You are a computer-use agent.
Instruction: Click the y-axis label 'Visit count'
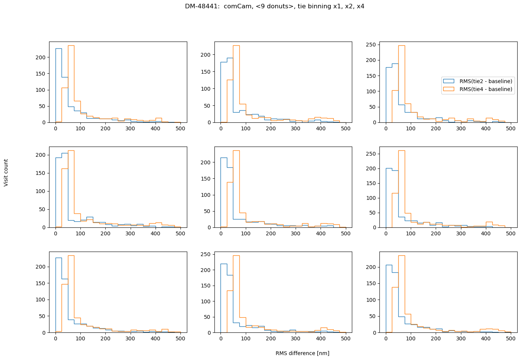coord(6,173)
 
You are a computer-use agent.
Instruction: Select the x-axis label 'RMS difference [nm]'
coord(302,353)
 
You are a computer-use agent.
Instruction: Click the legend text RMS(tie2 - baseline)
coord(486,81)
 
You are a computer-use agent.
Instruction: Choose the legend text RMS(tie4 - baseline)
coord(486,89)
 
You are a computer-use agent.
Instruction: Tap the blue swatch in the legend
coord(449,81)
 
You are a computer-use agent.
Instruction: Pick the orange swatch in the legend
coord(449,89)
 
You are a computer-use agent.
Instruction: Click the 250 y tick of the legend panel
coord(372,45)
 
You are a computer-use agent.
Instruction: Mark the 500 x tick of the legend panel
coord(511,128)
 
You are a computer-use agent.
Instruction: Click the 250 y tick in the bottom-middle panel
coord(207,254)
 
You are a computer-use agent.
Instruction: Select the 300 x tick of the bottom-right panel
coord(461,338)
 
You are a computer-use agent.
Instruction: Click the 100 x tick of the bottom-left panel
coord(80,338)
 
